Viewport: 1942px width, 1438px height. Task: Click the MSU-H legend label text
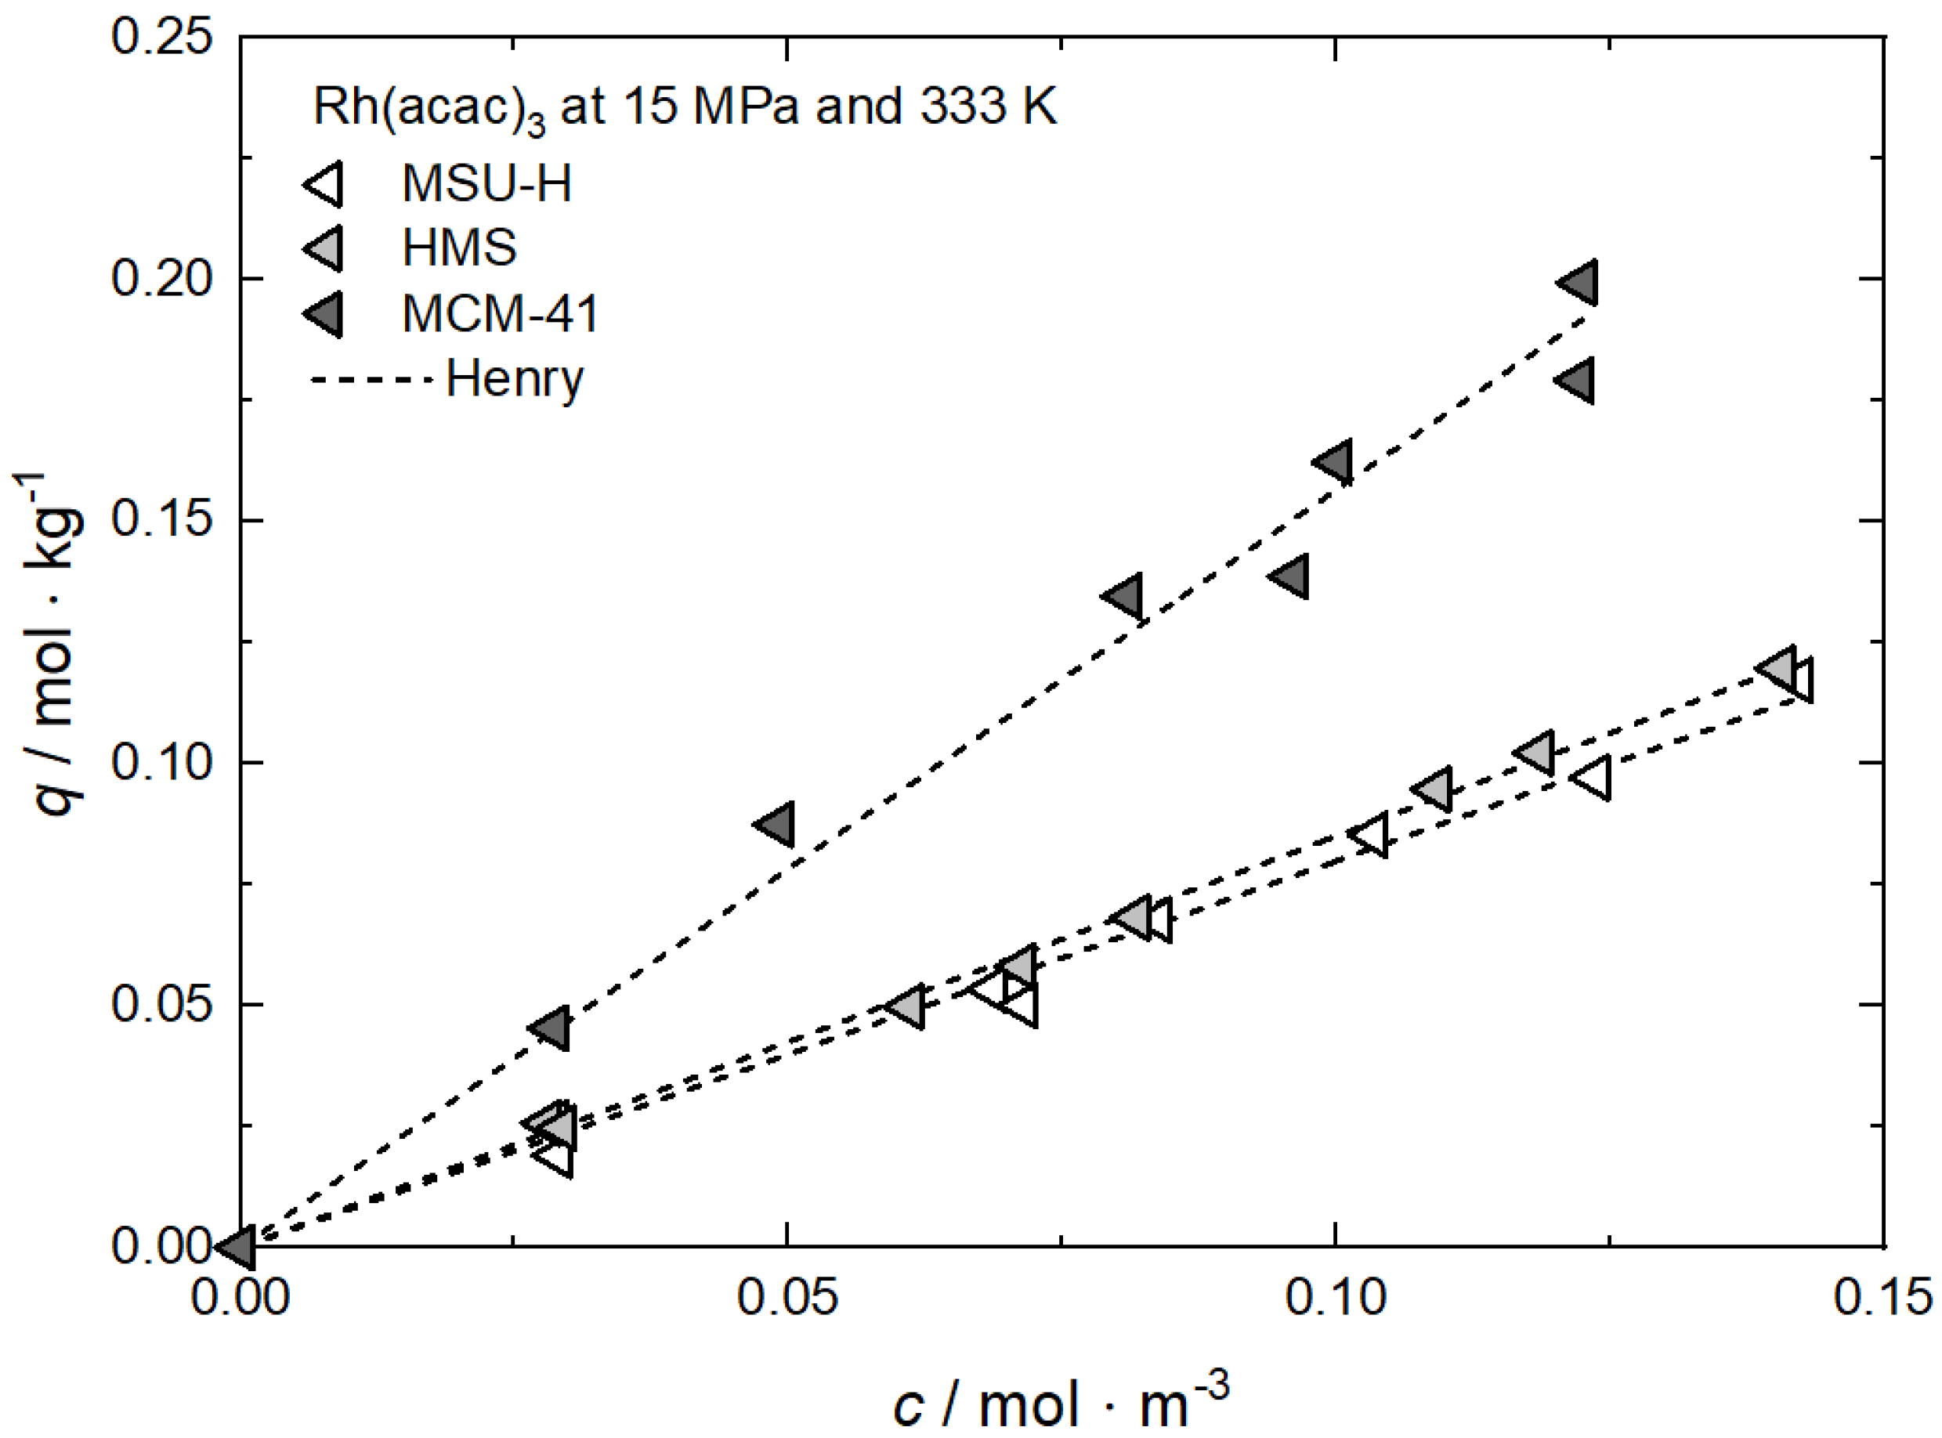click(x=486, y=184)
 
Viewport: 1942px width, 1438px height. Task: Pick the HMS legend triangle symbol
click(x=324, y=248)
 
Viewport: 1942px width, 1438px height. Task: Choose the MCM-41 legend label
click(x=501, y=313)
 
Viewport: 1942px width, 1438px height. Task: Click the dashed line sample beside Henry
click(x=371, y=381)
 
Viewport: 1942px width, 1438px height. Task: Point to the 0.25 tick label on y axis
click(x=162, y=38)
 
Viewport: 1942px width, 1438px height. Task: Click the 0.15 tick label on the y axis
click(x=162, y=521)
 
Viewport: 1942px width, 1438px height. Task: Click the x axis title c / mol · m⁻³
click(x=1060, y=1400)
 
